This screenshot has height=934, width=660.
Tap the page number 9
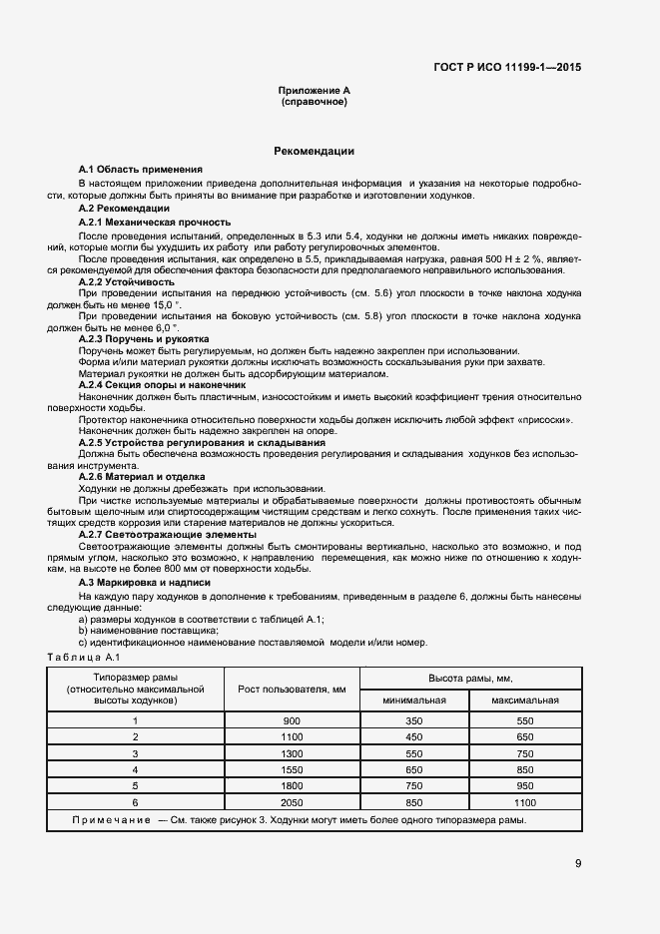tap(578, 863)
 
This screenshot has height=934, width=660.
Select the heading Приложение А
tap(314, 91)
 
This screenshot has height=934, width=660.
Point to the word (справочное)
tap(314, 102)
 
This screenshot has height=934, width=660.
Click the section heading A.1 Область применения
tap(140, 171)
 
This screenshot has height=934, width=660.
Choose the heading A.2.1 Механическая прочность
tap(154, 222)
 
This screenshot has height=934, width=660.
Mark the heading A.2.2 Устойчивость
tap(128, 282)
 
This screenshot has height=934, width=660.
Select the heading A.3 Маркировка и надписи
tap(144, 583)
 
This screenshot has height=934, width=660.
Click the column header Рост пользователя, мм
tap(292, 689)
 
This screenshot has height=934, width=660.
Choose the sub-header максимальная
tap(525, 700)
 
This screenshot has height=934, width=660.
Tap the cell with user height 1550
tap(292, 769)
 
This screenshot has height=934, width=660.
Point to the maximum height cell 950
tap(525, 785)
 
